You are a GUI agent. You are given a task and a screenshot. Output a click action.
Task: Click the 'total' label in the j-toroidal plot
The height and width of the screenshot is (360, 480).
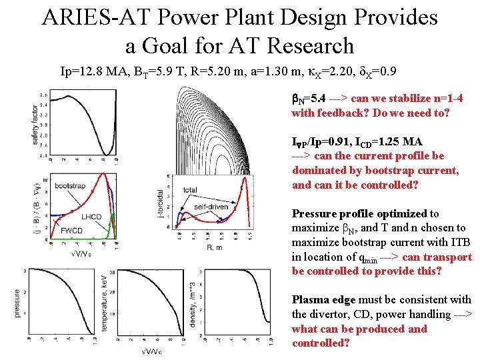point(190,190)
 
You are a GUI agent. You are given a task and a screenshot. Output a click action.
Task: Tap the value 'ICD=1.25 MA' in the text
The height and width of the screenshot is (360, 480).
point(375,141)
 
